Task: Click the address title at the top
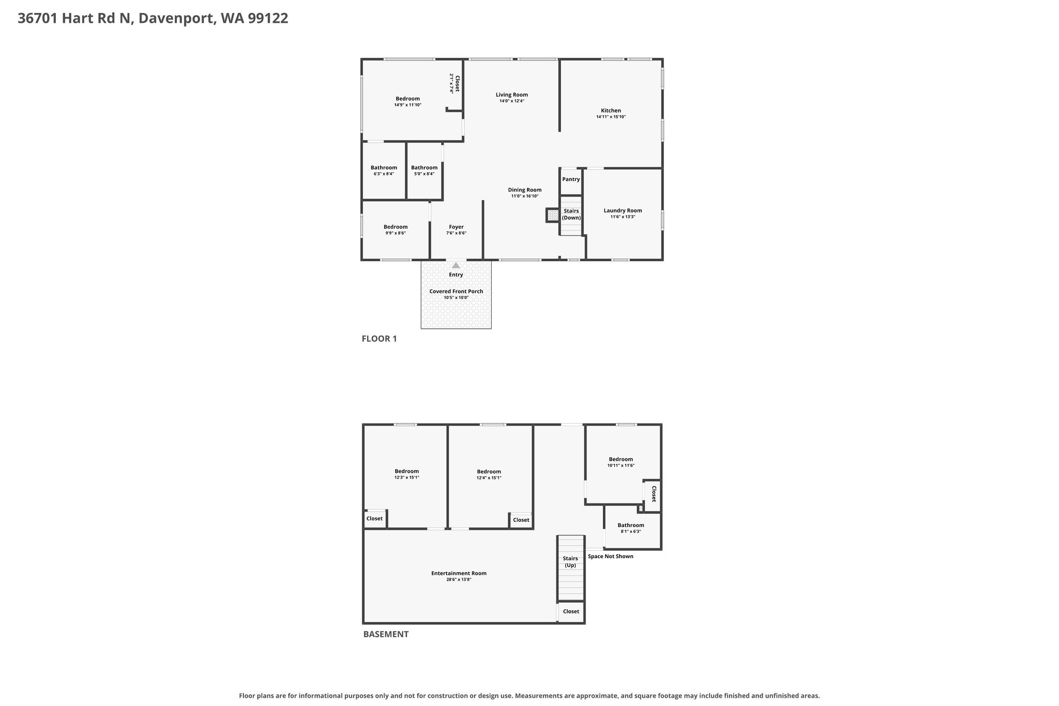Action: point(153,19)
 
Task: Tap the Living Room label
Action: point(512,95)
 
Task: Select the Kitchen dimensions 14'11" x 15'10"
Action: point(611,117)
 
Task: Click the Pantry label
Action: point(571,179)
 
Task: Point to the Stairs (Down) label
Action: point(571,215)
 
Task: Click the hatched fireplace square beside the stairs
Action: point(553,215)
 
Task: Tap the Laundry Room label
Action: point(623,211)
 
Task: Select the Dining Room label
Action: point(525,190)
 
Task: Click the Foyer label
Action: point(456,227)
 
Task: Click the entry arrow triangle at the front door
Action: point(456,265)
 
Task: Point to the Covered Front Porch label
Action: point(456,291)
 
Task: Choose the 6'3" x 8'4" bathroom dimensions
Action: point(384,174)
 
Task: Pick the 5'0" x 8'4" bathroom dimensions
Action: point(424,174)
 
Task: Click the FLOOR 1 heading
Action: point(379,339)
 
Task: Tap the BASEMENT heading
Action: point(386,634)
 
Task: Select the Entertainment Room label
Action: point(459,573)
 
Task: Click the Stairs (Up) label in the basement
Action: point(570,562)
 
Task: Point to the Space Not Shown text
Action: point(611,557)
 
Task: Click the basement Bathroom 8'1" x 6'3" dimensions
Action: point(631,532)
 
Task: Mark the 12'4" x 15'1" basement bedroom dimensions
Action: point(489,478)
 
